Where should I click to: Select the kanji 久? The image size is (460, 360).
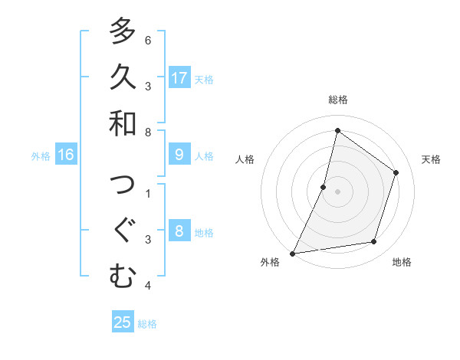click(x=123, y=77)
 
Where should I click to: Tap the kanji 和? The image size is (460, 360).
click(x=123, y=123)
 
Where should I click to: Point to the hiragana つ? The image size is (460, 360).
click(x=123, y=184)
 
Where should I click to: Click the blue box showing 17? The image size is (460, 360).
click(x=179, y=78)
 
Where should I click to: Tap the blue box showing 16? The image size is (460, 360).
click(x=66, y=155)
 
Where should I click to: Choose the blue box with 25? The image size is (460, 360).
click(x=123, y=322)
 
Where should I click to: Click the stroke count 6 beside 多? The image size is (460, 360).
click(x=148, y=40)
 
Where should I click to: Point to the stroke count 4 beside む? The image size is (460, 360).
click(x=148, y=286)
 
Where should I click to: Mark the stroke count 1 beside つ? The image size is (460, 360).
click(x=148, y=193)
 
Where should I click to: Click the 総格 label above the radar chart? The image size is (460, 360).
click(x=338, y=100)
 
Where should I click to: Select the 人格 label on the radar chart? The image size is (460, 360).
click(x=245, y=159)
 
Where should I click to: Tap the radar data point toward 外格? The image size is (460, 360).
click(x=292, y=253)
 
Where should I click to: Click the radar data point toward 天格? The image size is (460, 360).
click(x=396, y=172)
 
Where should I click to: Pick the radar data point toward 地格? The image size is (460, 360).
click(x=374, y=242)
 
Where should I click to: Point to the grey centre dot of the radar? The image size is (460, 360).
click(x=338, y=191)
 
